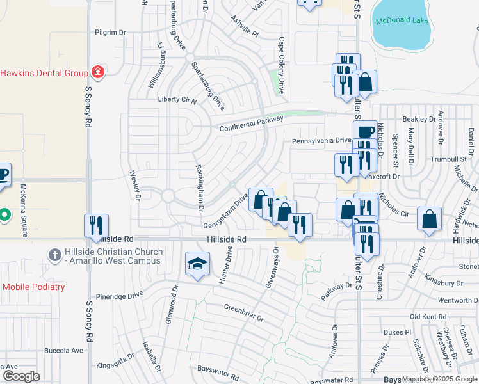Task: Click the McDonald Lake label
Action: coord(402,21)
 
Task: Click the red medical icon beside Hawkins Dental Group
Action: coord(97,72)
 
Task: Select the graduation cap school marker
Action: coord(197,264)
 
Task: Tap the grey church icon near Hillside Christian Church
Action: coord(55,255)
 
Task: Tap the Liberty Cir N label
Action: coord(177,100)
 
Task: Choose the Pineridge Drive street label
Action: coord(119,296)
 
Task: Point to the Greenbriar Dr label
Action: coord(243,312)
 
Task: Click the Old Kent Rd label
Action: coord(428,317)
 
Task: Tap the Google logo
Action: coord(21,376)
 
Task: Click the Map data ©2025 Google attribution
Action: coord(439,379)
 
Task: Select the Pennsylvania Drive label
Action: coord(321,141)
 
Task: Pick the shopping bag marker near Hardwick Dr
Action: coord(429,219)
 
